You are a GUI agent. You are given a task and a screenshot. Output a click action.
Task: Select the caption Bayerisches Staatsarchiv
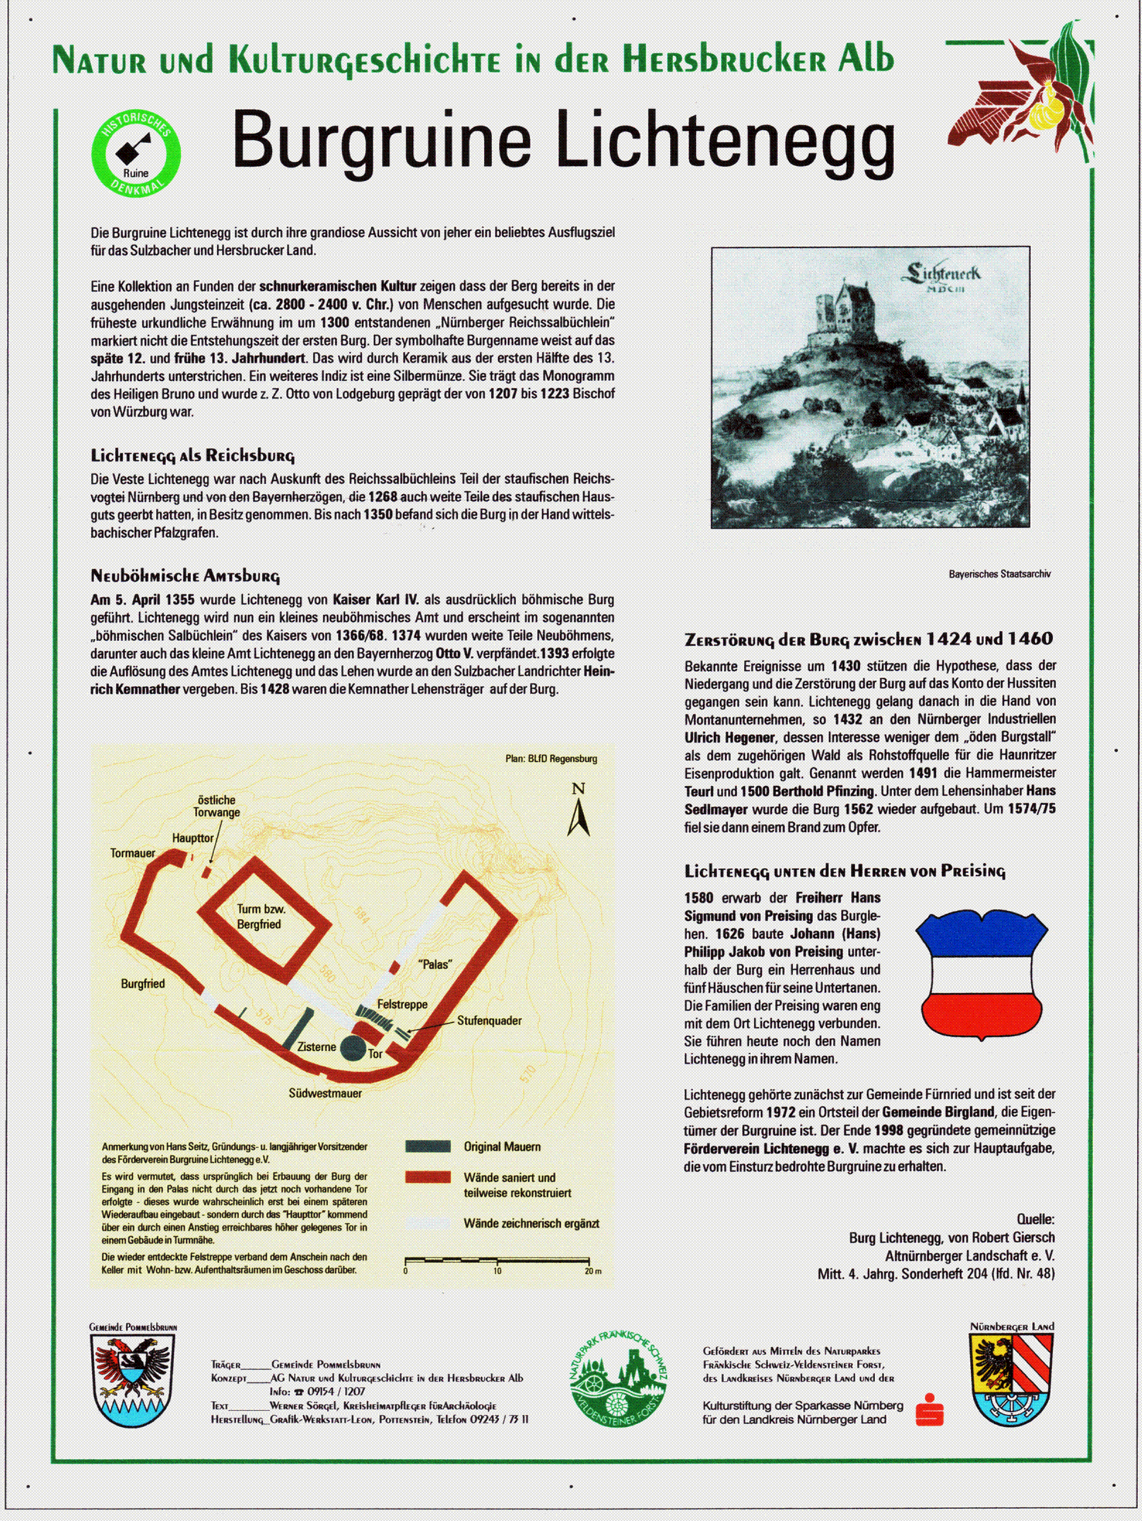pos(999,574)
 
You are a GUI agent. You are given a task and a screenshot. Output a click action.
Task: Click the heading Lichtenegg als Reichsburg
pos(192,455)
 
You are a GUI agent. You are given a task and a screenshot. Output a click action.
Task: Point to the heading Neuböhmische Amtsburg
pos(185,576)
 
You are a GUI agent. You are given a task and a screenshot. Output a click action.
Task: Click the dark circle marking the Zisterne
pos(353,1047)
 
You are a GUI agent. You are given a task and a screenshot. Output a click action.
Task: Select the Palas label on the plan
pos(435,964)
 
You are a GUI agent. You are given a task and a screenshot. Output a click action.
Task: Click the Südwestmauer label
pos(325,1093)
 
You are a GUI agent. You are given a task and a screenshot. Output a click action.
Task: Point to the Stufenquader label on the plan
pos(489,1021)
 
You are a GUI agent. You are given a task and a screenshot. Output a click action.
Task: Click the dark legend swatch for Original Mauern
pos(428,1146)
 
